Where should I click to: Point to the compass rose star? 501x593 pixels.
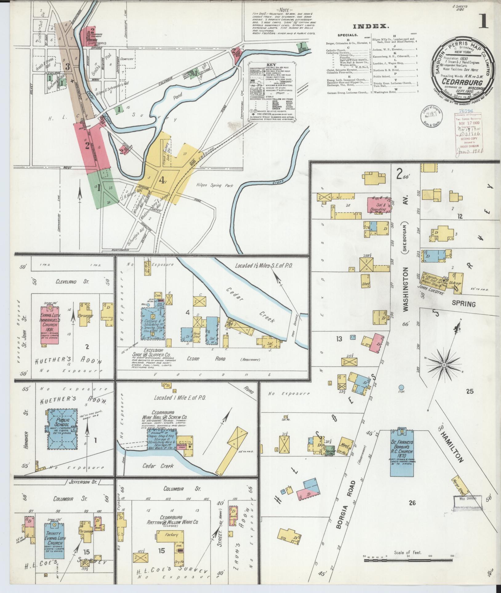pyautogui.click(x=444, y=365)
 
